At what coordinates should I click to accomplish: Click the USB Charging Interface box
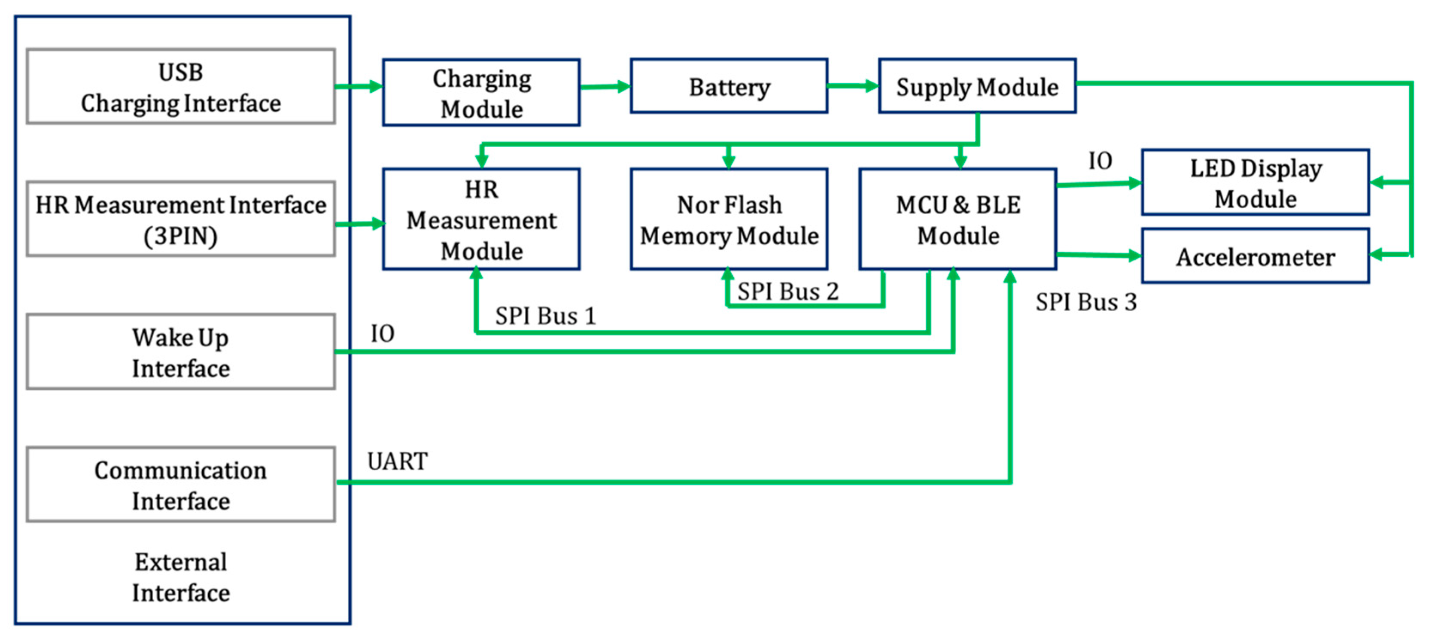tap(180, 87)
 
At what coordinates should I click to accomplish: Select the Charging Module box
tap(481, 93)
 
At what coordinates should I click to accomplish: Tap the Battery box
tap(729, 87)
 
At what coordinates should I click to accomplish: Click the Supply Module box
tap(977, 87)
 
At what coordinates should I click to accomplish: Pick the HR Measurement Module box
tap(481, 220)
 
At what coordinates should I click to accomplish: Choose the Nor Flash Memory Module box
tap(729, 220)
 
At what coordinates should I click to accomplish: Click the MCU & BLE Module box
tap(958, 220)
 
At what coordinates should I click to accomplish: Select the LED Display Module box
tap(1256, 182)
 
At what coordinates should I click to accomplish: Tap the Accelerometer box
tap(1256, 256)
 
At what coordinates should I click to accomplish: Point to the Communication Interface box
tap(180, 485)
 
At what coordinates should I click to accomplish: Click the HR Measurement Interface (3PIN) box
tap(180, 220)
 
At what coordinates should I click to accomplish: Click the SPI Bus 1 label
tap(545, 316)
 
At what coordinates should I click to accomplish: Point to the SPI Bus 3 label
tap(1085, 302)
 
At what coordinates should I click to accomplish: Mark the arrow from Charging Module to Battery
tap(605, 87)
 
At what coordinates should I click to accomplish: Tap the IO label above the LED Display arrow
tap(1100, 161)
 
